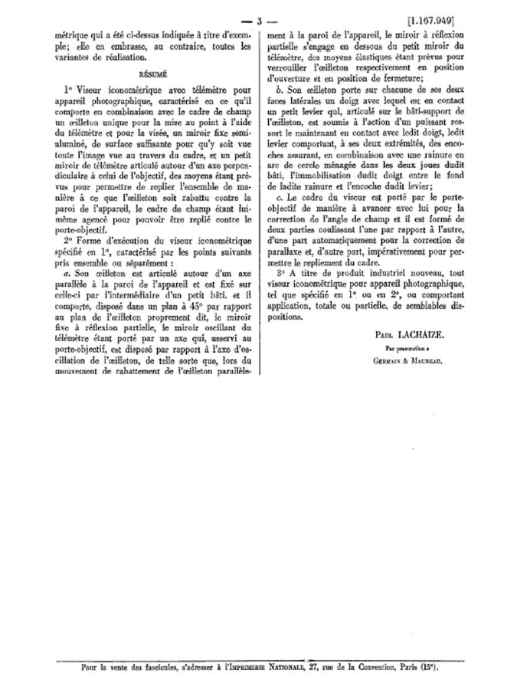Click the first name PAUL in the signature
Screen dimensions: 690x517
click(x=388, y=335)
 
